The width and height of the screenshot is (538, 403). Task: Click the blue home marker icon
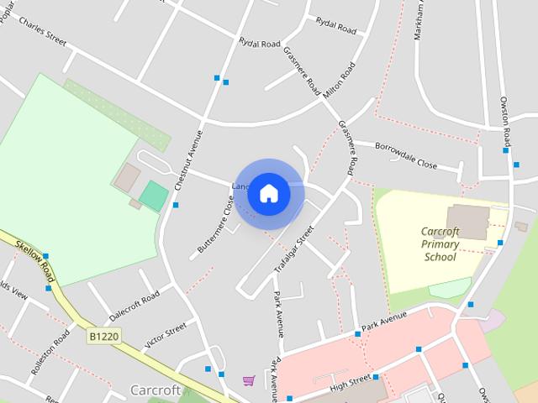click(268, 193)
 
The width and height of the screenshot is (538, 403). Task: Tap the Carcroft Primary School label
click(440, 243)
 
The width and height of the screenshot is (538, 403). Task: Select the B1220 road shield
click(102, 335)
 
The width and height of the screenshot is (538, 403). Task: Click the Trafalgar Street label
click(295, 249)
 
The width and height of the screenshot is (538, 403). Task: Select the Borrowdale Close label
click(407, 159)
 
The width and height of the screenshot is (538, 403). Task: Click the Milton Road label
click(339, 79)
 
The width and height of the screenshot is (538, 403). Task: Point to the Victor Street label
click(165, 335)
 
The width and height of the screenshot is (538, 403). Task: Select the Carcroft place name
click(156, 390)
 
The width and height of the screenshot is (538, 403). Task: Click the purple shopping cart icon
click(249, 380)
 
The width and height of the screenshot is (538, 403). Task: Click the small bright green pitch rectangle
click(154, 196)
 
